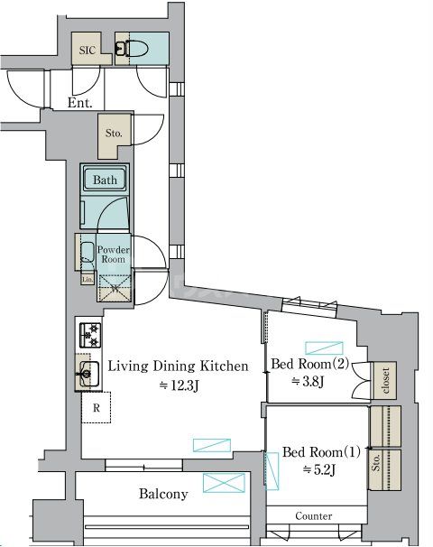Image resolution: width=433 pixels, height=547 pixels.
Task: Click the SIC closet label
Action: pyautogui.click(x=87, y=50)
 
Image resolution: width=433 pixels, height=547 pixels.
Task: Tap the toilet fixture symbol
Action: pyautogui.click(x=132, y=49)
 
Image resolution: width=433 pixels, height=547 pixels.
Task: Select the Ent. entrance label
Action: pyautogui.click(x=80, y=103)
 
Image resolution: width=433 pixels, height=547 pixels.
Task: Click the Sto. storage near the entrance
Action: pyautogui.click(x=114, y=133)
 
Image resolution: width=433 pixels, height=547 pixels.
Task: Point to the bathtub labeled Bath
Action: pyautogui.click(x=105, y=180)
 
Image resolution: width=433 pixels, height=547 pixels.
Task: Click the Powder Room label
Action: pyautogui.click(x=114, y=255)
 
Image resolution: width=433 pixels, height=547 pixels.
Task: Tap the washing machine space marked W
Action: pyautogui.click(x=115, y=288)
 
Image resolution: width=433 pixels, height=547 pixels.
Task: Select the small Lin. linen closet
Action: pyautogui.click(x=88, y=279)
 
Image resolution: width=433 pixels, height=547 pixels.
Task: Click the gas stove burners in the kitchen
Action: pyautogui.click(x=90, y=335)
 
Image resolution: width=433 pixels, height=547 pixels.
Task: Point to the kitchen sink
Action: pyautogui.click(x=88, y=374)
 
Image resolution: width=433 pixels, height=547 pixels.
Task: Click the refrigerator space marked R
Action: pyautogui.click(x=97, y=407)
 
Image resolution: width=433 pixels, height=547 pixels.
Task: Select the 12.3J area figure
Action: pyautogui.click(x=179, y=385)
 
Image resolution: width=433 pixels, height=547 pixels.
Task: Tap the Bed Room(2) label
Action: pyautogui.click(x=310, y=364)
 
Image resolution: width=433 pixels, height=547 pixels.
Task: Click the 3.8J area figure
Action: pyautogui.click(x=309, y=381)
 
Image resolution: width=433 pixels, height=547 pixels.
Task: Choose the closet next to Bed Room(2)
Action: pyautogui.click(x=385, y=380)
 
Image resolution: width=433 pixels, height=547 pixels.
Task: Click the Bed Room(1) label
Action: pyautogui.click(x=321, y=452)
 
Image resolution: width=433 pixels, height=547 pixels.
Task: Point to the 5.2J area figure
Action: pyautogui.click(x=319, y=470)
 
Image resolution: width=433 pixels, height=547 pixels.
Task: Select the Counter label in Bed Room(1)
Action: pyautogui.click(x=313, y=516)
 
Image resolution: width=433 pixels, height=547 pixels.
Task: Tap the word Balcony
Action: pyautogui.click(x=163, y=494)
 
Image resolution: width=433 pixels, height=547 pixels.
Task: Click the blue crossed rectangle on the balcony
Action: pyautogui.click(x=225, y=483)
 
